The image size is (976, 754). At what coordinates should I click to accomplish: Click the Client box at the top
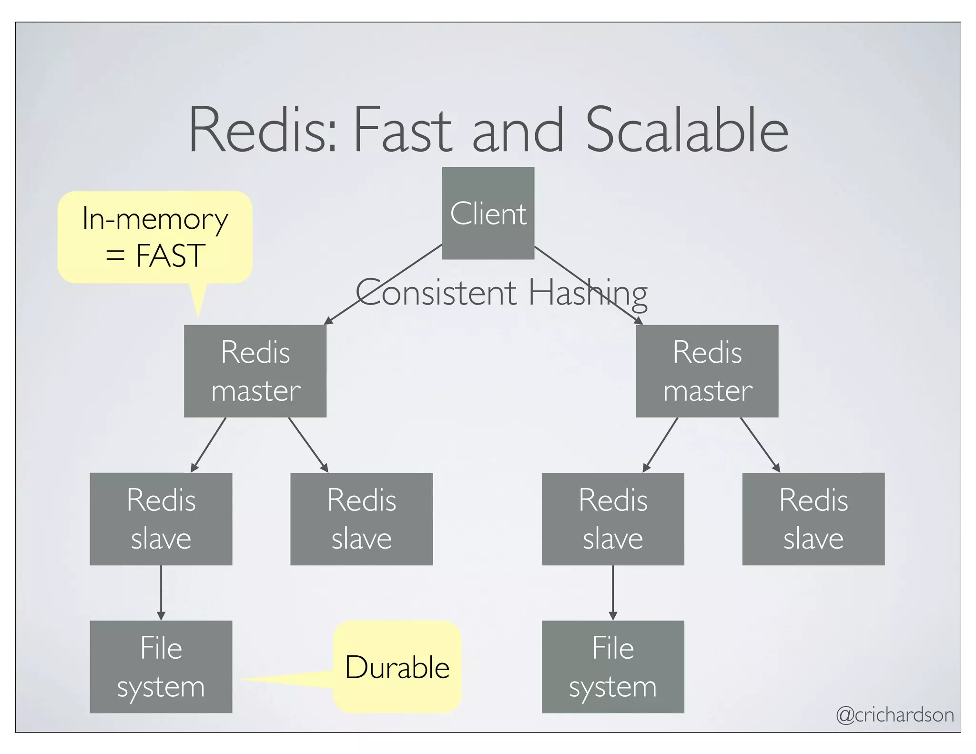coord(488,213)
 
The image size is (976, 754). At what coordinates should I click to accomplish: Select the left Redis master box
coord(255,371)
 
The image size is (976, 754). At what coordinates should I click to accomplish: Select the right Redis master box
coord(707,371)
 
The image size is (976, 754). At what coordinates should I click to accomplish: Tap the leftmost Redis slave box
coord(161,519)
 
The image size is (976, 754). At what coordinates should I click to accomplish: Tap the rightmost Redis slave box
coord(813,519)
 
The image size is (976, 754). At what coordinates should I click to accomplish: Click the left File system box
coord(161,667)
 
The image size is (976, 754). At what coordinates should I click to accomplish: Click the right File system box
coord(613,667)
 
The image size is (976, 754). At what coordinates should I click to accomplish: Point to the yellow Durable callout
coord(397,667)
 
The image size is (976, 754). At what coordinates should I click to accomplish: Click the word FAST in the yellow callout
coord(170,256)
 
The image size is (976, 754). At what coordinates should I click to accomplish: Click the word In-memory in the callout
coord(155,219)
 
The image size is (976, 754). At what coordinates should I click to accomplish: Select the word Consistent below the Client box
coord(436,293)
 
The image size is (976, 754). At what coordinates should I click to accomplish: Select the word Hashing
coord(588,293)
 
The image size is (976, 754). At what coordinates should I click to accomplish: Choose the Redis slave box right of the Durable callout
coord(613,519)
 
